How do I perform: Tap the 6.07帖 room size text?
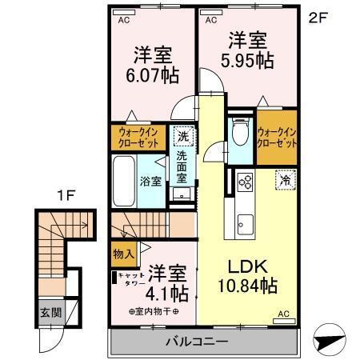coord(151,77)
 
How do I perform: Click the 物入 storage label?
coord(122,254)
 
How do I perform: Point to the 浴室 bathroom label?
coord(153,181)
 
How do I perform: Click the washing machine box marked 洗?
coord(183,136)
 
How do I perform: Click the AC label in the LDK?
coord(283,314)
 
